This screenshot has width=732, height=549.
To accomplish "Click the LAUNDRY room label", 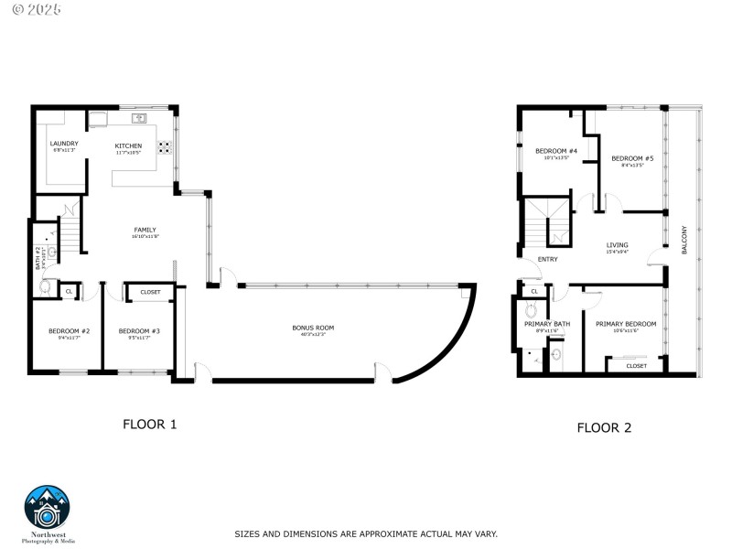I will (x=64, y=144).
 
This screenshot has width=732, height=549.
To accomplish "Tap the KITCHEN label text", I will (x=128, y=146).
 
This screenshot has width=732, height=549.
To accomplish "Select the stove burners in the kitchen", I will (x=167, y=146).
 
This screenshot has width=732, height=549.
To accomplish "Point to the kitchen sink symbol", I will (x=140, y=118).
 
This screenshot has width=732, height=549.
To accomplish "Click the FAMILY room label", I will (x=145, y=230).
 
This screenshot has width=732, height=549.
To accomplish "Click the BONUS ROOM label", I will (x=313, y=328).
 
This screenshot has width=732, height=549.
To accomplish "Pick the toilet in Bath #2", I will (x=46, y=285).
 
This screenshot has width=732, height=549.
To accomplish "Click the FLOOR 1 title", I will (x=149, y=425).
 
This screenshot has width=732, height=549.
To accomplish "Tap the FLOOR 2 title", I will (x=603, y=427).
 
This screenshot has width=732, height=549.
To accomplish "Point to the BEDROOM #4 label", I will (x=556, y=151).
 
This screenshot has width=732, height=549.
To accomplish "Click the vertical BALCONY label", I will (x=684, y=240).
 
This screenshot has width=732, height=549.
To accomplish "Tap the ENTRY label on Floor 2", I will (x=547, y=259).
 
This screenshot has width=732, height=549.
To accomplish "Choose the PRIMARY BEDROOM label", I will (x=626, y=324).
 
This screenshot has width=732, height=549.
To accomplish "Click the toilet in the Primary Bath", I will (x=532, y=311).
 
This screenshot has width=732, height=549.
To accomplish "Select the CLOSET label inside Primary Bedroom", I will (x=636, y=366).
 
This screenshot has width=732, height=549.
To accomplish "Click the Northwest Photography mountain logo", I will (x=47, y=506).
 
